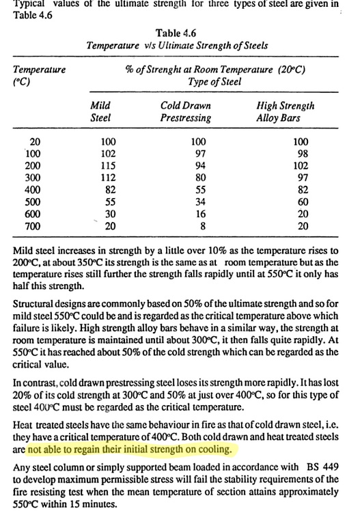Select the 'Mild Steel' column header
coord(100,111)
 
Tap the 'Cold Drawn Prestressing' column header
coord(185,111)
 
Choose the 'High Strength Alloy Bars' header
coord(285,111)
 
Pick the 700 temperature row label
coord(32,225)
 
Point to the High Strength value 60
coord(294,201)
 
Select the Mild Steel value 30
coord(109,213)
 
